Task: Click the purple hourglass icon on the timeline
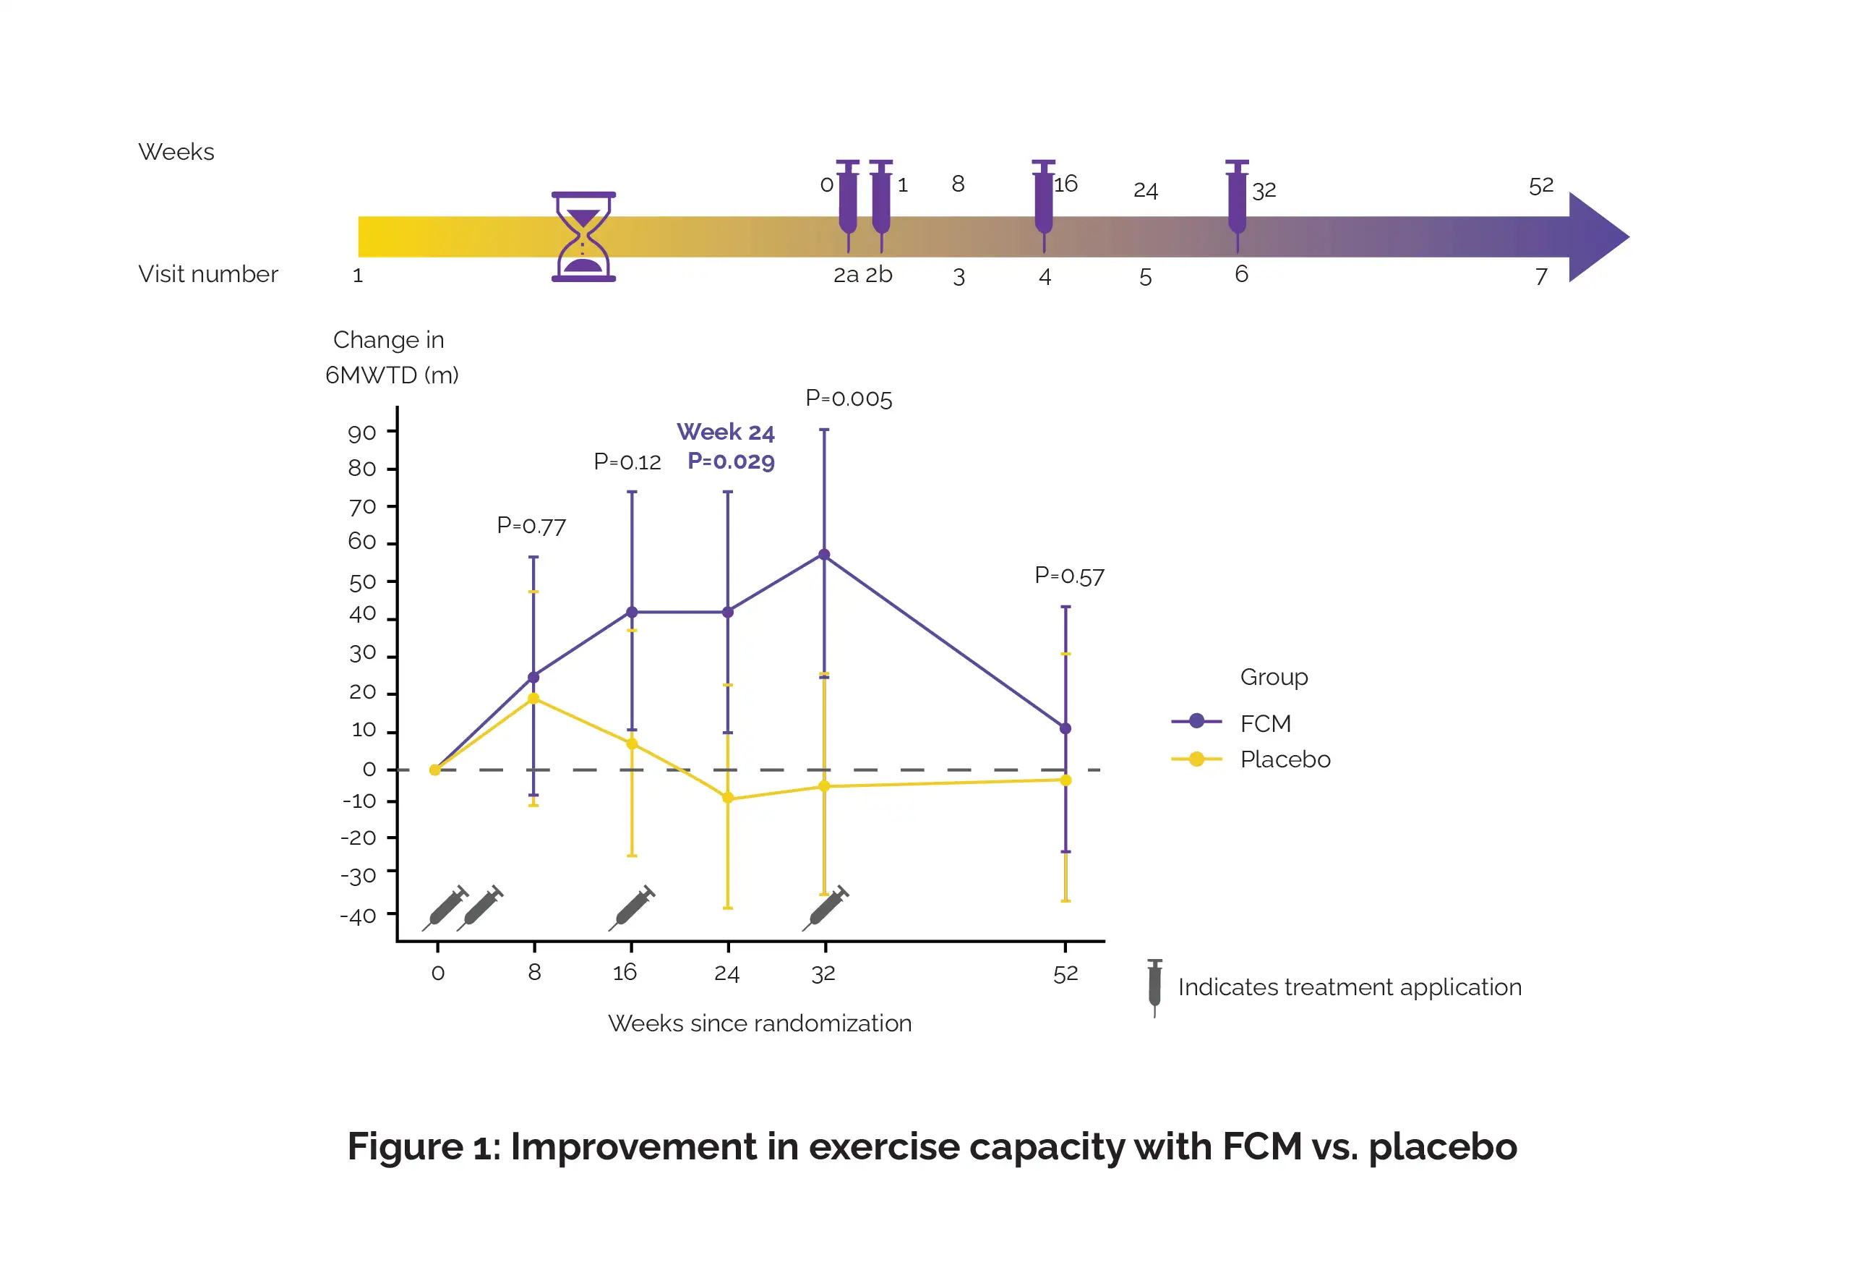coord(583,237)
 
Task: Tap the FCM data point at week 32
coord(824,555)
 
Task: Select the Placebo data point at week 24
coord(728,798)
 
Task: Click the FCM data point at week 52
coord(1066,729)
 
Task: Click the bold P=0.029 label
coord(731,461)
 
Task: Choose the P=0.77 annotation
coord(531,526)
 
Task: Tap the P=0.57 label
coord(1069,576)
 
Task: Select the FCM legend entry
coord(1265,723)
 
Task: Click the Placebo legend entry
coord(1285,759)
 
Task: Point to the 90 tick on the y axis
coord(362,433)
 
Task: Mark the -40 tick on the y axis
coord(358,916)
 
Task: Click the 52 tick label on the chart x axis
coord(1066,974)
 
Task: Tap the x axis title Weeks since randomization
coord(759,1023)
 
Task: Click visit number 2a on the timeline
coord(846,276)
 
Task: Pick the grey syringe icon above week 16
coord(633,908)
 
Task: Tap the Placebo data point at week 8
coord(533,699)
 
